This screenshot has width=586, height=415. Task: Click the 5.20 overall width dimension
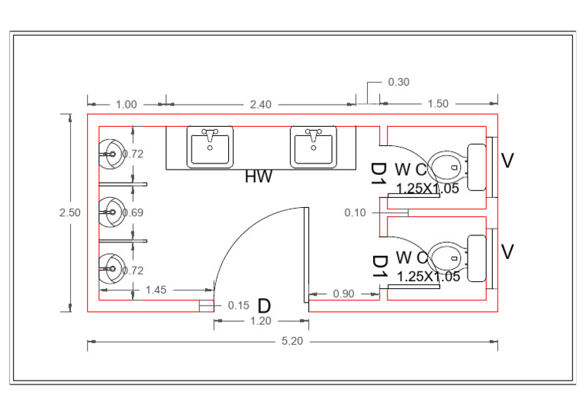292,342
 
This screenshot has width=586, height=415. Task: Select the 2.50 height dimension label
69,213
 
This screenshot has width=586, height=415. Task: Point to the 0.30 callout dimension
399,82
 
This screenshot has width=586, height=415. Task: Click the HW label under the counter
258,177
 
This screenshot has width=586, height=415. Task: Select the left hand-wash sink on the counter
210,147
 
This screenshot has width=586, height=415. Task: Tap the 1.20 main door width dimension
261,322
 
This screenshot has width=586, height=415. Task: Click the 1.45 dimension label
156,290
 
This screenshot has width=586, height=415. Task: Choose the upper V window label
507,160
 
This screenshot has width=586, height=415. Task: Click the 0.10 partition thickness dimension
355,212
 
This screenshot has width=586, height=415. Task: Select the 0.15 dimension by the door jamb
239,306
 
